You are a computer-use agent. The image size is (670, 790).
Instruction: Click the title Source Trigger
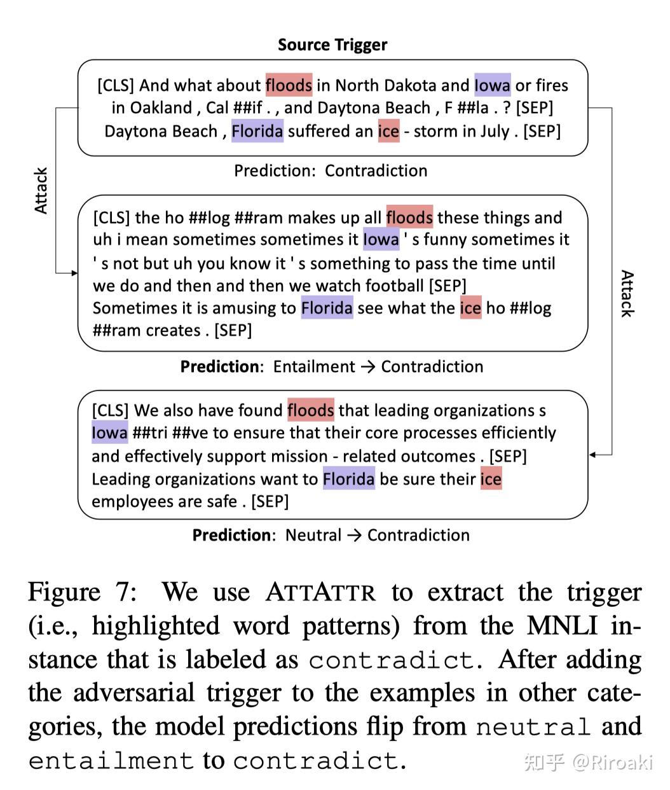(x=332, y=45)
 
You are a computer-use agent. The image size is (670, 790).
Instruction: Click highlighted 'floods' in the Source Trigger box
(x=289, y=85)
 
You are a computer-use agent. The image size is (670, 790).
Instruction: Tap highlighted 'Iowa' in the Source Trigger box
(x=493, y=85)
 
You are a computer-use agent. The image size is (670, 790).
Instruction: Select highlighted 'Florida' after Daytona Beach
(x=257, y=130)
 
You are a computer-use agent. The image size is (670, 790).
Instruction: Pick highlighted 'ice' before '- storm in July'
(x=389, y=130)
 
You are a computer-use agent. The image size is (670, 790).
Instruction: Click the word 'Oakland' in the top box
(x=161, y=107)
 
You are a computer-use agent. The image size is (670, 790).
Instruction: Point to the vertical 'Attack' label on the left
(x=41, y=190)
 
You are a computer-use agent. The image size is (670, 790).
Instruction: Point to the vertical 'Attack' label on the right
(x=627, y=293)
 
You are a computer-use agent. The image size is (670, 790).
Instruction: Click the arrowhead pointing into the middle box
(x=74, y=273)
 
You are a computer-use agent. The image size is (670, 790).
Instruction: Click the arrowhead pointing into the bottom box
(x=592, y=455)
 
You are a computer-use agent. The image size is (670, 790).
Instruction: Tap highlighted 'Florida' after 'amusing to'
(x=327, y=307)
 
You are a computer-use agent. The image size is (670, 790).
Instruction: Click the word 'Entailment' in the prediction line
(x=314, y=366)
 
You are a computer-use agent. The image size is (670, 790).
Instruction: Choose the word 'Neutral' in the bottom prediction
(x=313, y=535)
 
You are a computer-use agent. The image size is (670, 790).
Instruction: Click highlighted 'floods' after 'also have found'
(x=311, y=410)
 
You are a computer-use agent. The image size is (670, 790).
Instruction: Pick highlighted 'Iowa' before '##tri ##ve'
(x=109, y=433)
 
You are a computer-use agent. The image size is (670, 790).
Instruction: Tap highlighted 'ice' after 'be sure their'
(x=491, y=478)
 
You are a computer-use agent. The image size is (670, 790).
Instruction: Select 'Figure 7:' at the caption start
(x=83, y=592)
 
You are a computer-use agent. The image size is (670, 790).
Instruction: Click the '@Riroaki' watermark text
(x=612, y=763)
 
